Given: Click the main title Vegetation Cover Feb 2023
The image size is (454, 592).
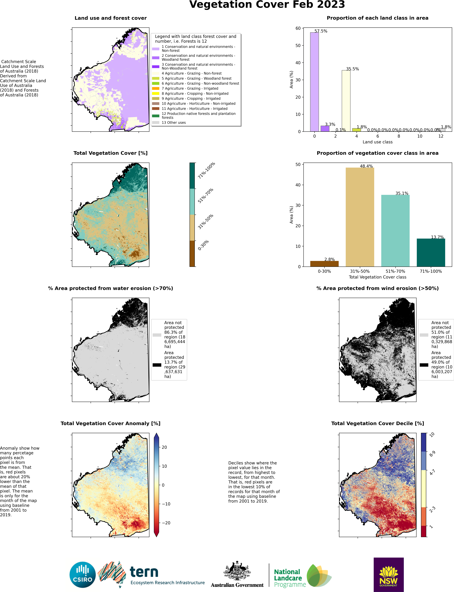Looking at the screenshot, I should pyautogui.click(x=267, y=5).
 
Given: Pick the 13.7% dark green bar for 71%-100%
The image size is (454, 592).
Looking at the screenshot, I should pyautogui.click(x=431, y=252).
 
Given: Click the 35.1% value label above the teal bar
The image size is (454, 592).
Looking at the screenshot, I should pyautogui.click(x=402, y=193).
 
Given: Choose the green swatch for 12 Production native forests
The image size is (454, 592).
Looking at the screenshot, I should pyautogui.click(x=156, y=116).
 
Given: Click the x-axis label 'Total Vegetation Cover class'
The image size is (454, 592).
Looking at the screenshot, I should pyautogui.click(x=378, y=277).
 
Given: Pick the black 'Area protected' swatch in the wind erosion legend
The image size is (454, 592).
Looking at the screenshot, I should pyautogui.click(x=424, y=365).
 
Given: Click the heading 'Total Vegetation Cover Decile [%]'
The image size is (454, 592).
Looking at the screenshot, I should pyautogui.click(x=378, y=423).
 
